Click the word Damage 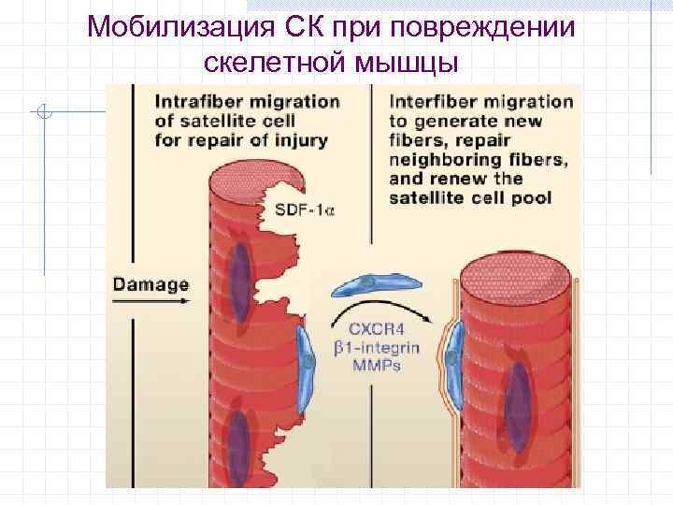pyautogui.click(x=150, y=284)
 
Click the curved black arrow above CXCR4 pyautogui.click(x=384, y=308)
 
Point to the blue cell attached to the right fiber pyautogui.click(x=452, y=360)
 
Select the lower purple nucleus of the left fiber pyautogui.click(x=240, y=440)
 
